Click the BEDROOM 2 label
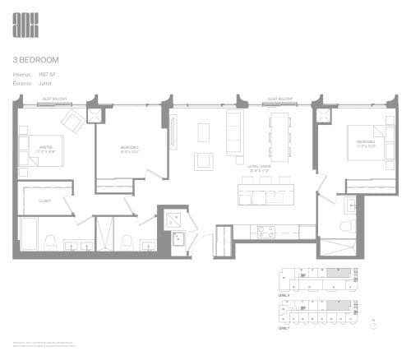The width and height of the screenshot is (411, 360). click(x=127, y=148)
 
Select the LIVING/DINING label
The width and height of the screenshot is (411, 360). click(x=261, y=167)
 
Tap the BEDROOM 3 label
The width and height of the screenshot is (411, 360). click(x=366, y=141)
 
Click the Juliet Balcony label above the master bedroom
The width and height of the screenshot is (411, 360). click(x=54, y=99)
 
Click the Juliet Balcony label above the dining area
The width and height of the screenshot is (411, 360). click(x=279, y=99)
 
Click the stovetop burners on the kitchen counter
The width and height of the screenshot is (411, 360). click(x=268, y=232)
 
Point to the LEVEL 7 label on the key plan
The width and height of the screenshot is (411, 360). click(x=284, y=328)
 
